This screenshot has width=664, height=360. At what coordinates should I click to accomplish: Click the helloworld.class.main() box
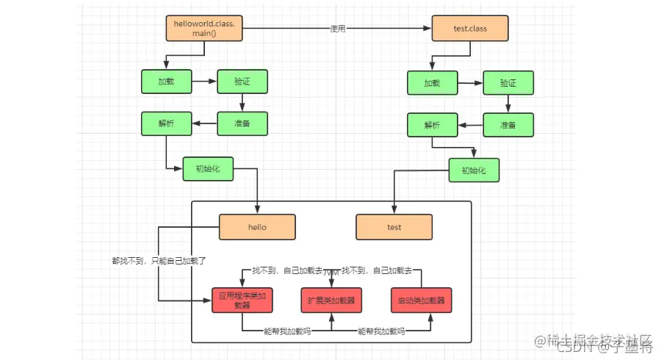(203, 29)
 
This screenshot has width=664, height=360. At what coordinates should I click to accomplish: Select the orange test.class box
(469, 29)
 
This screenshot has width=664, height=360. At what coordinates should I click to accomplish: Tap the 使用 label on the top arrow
(338, 29)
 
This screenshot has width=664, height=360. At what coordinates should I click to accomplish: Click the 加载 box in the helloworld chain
(166, 82)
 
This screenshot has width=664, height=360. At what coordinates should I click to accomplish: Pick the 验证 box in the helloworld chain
(242, 82)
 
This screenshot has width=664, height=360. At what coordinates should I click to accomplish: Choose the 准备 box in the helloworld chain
(242, 123)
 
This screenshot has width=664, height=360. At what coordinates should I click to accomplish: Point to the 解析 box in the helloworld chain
(166, 123)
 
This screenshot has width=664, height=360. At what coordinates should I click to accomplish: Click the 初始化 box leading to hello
(208, 169)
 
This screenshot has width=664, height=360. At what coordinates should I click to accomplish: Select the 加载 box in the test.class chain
(432, 83)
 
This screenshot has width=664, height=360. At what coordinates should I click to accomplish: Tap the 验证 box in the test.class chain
(508, 83)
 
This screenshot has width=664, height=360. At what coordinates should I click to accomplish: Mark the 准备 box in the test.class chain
(508, 125)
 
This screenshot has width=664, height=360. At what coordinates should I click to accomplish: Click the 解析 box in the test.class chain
(432, 125)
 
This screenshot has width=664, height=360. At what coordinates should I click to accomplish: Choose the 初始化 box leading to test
(474, 170)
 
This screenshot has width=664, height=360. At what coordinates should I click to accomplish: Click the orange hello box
(257, 227)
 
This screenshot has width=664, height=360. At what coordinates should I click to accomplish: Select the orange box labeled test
(394, 227)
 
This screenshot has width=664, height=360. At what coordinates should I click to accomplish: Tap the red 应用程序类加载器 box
(242, 300)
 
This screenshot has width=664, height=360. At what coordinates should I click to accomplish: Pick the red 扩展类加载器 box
(331, 300)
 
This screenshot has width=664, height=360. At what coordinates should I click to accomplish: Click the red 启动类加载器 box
(421, 300)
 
